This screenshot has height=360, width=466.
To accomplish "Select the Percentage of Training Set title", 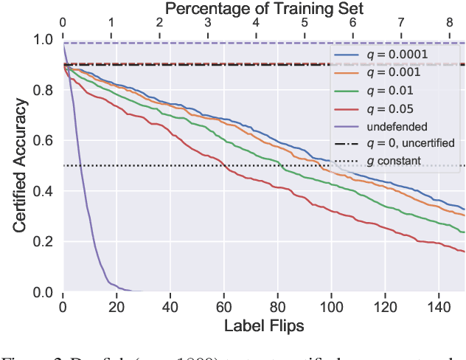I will click(264, 9).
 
